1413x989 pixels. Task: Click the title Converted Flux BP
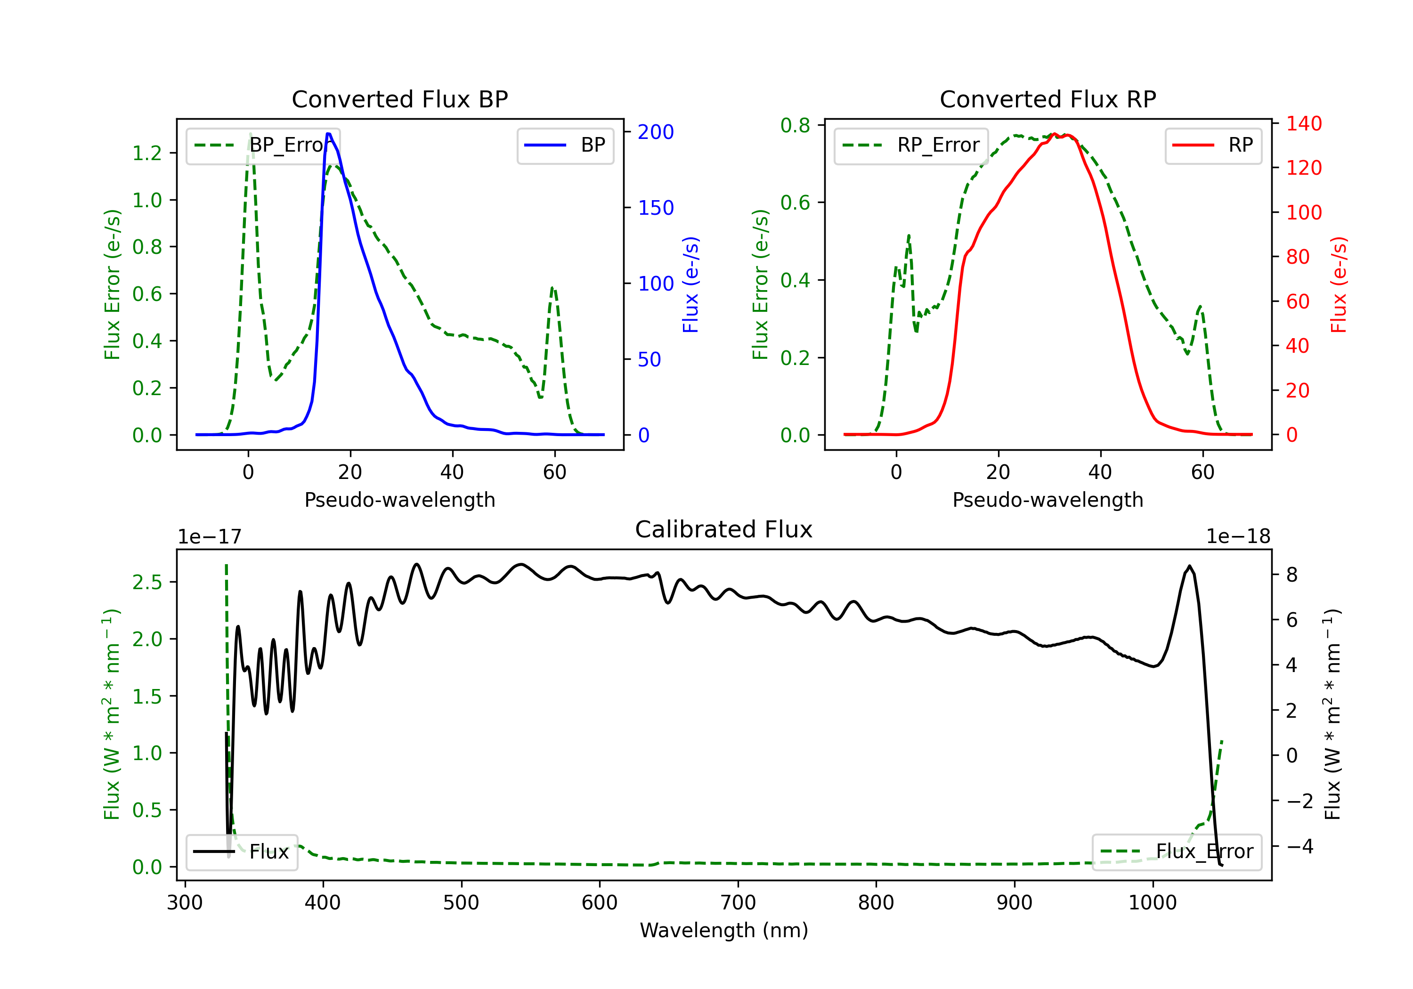tap(399, 99)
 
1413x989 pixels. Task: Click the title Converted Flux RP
tap(1048, 99)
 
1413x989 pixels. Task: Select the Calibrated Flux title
tap(724, 529)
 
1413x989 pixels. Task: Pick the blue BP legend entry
tap(565, 145)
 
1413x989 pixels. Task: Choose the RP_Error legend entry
tap(911, 145)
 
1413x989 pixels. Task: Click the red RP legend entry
tap(1213, 145)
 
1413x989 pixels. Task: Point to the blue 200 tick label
tap(656, 132)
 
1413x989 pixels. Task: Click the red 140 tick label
tap(1304, 124)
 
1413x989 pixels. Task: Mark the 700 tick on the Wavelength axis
tap(738, 903)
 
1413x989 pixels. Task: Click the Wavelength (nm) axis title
tap(724, 930)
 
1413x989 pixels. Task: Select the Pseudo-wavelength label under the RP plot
tap(1048, 500)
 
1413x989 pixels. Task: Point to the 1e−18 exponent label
tap(1238, 537)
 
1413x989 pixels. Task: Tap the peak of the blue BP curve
tap(329, 134)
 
